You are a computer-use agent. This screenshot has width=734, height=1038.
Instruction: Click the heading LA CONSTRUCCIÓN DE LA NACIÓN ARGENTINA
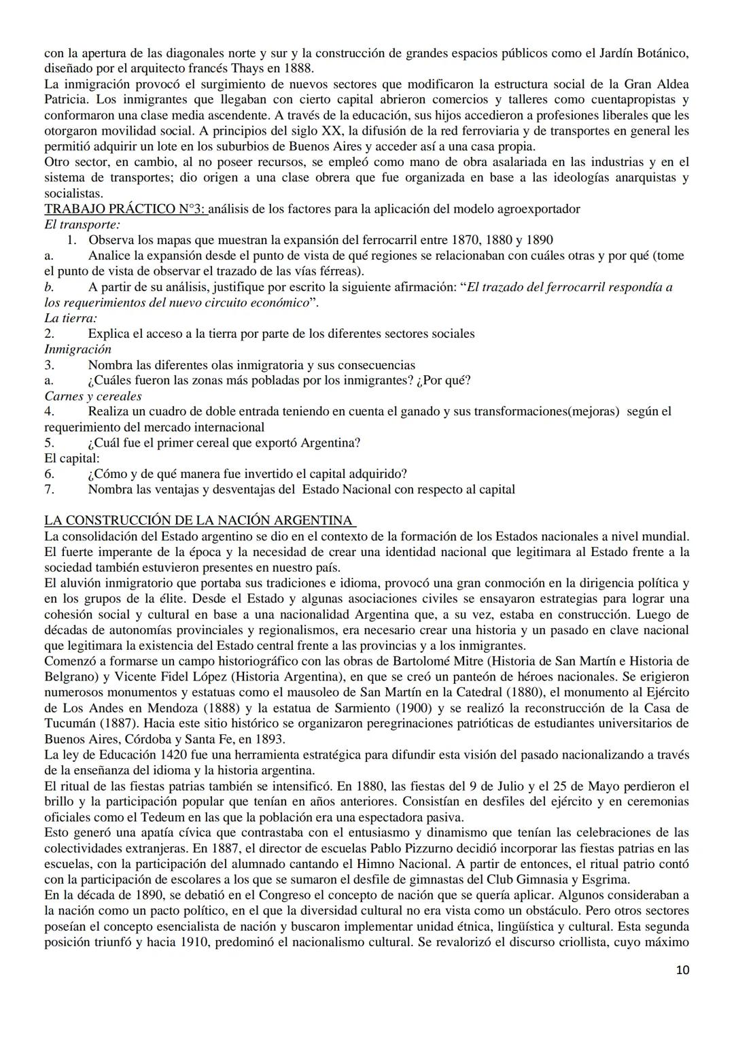pyautogui.click(x=198, y=521)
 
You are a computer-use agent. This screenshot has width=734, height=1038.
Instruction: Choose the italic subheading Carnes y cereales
pyautogui.click(x=93, y=396)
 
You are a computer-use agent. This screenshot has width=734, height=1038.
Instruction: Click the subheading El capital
pyautogui.click(x=71, y=458)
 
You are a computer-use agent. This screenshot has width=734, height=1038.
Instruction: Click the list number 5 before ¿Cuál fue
pyautogui.click(x=49, y=443)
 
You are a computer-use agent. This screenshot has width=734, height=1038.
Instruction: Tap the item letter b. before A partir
pyautogui.click(x=49, y=287)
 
